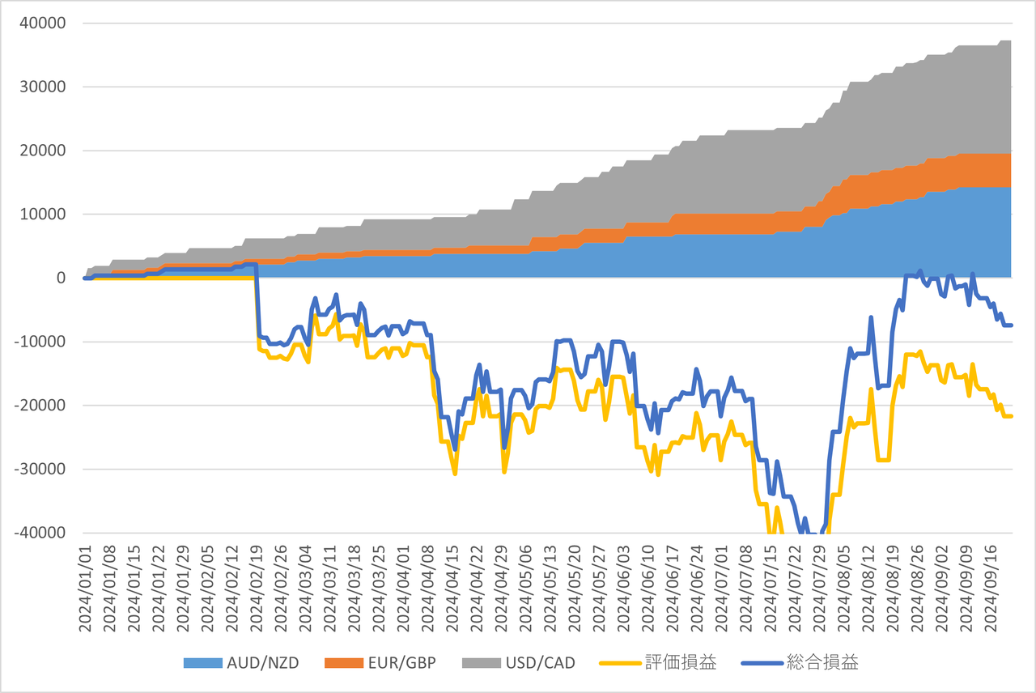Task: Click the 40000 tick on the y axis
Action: coord(42,23)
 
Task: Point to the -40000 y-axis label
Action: coord(39,533)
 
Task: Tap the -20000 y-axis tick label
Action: coord(39,406)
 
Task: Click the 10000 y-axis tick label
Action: coord(42,215)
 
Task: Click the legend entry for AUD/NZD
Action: coord(263,663)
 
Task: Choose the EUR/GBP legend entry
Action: coord(402,663)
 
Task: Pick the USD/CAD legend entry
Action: coord(540,663)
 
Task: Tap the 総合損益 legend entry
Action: coord(822,663)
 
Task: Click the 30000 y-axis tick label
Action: coord(42,87)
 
